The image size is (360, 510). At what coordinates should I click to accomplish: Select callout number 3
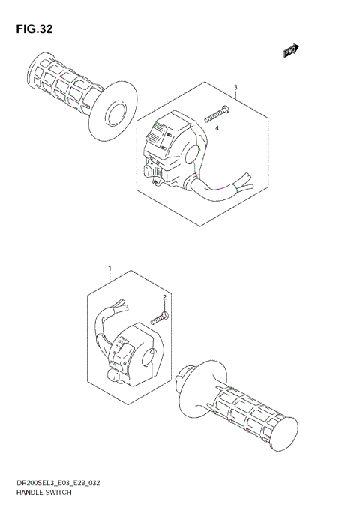click(x=235, y=88)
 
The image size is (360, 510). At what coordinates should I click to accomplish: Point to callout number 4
click(x=217, y=127)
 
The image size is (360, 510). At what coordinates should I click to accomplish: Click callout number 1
click(x=109, y=268)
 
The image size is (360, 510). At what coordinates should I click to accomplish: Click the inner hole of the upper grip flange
click(x=115, y=114)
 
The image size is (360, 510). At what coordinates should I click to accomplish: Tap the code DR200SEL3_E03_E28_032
click(x=56, y=485)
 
